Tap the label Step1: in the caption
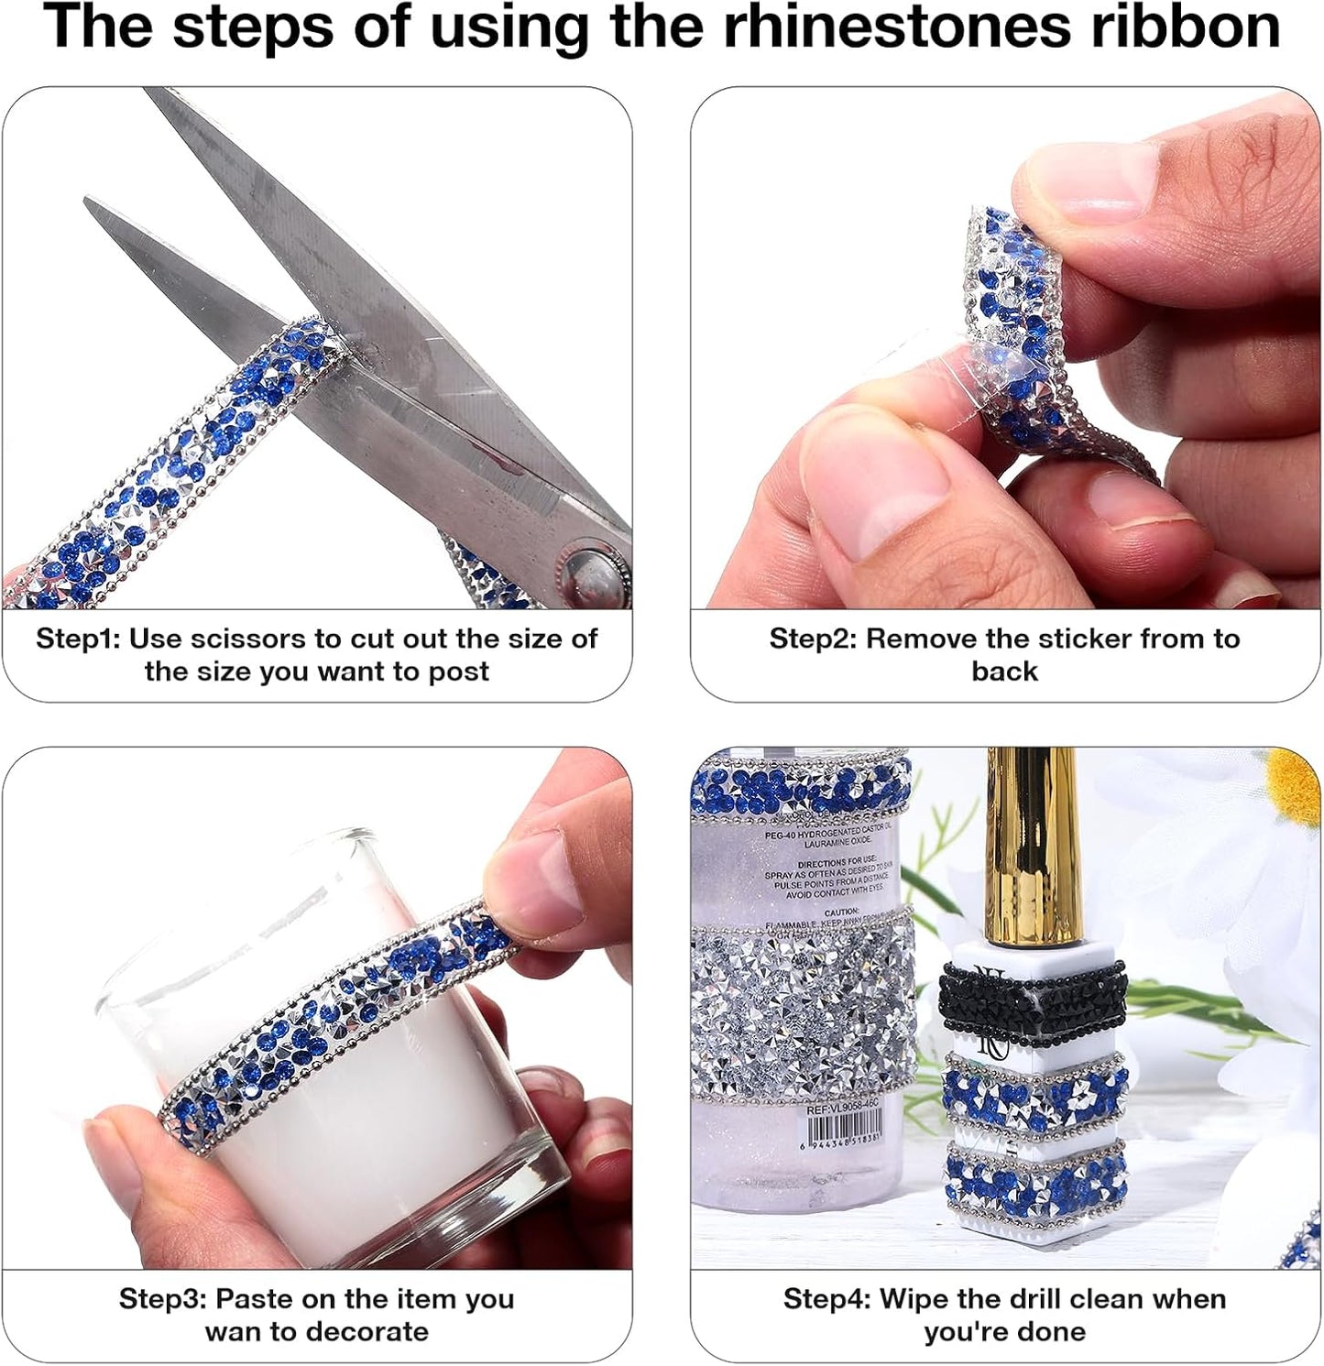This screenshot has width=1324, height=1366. [x=77, y=639]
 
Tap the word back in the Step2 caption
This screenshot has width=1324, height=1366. [x=1004, y=672]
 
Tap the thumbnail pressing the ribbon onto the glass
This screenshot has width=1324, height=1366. [x=541, y=884]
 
